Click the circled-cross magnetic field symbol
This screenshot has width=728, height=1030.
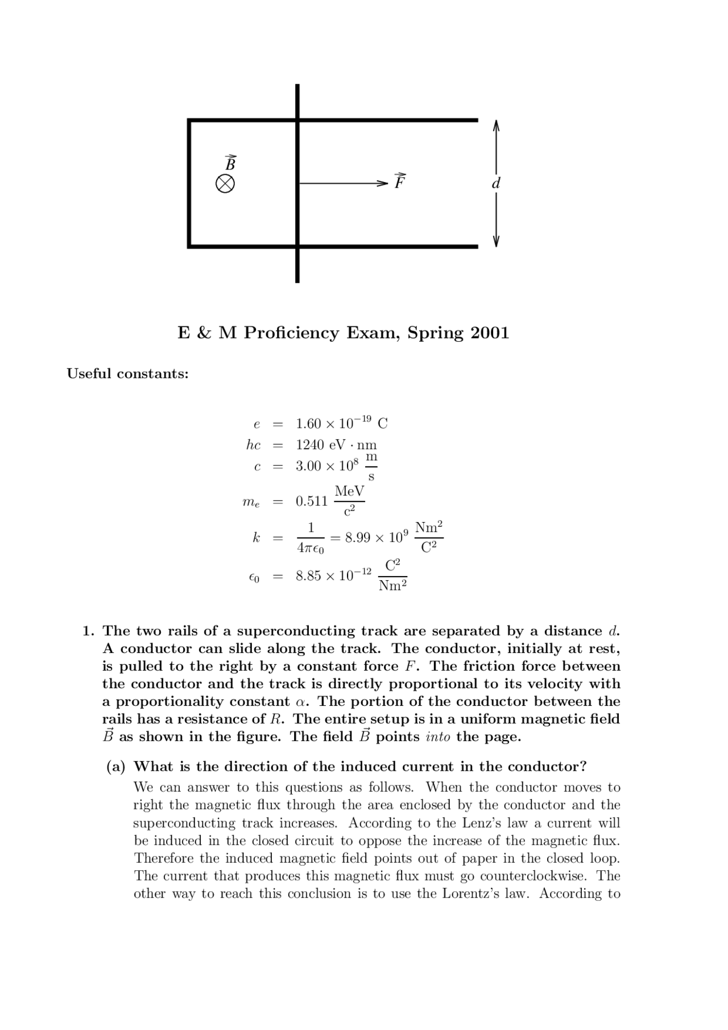(x=225, y=184)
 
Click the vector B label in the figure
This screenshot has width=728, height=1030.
(x=230, y=164)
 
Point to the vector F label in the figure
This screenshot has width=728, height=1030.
(x=400, y=181)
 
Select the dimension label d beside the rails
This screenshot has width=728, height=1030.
(x=496, y=184)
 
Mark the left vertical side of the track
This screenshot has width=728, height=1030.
(x=189, y=184)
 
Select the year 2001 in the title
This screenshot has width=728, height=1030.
(x=490, y=333)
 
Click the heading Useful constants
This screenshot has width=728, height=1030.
(x=127, y=374)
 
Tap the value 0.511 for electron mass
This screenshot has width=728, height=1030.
(x=312, y=501)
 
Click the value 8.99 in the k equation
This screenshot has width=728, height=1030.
(x=358, y=537)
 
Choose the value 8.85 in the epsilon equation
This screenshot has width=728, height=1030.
(x=308, y=576)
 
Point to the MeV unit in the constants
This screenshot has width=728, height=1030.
(x=349, y=491)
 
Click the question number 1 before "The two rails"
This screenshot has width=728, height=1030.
(x=88, y=631)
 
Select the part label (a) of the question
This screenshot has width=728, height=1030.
(x=116, y=767)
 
